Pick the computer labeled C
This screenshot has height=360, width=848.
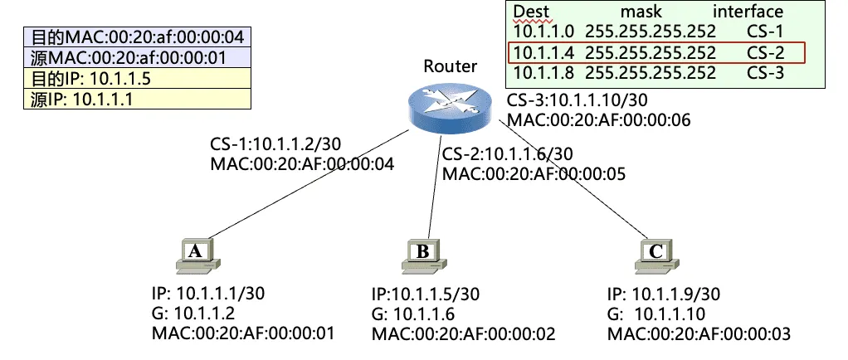pos(655,256)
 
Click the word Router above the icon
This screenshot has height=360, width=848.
pos(451,66)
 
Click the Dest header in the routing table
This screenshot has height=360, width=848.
pos(532,12)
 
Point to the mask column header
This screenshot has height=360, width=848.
pos(641,12)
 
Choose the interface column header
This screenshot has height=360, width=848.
pos(748,12)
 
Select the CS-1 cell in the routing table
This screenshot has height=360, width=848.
pos(764,32)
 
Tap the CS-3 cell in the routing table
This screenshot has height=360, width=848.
pos(764,73)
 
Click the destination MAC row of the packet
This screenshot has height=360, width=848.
pos(138,38)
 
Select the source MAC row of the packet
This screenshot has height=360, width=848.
pos(138,58)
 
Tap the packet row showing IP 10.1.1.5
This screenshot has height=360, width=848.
pos(138,79)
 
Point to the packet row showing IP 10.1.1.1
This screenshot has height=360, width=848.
pos(138,100)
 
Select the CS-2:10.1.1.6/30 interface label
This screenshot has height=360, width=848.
pos(507,155)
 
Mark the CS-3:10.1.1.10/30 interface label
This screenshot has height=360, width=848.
pos(578,101)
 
